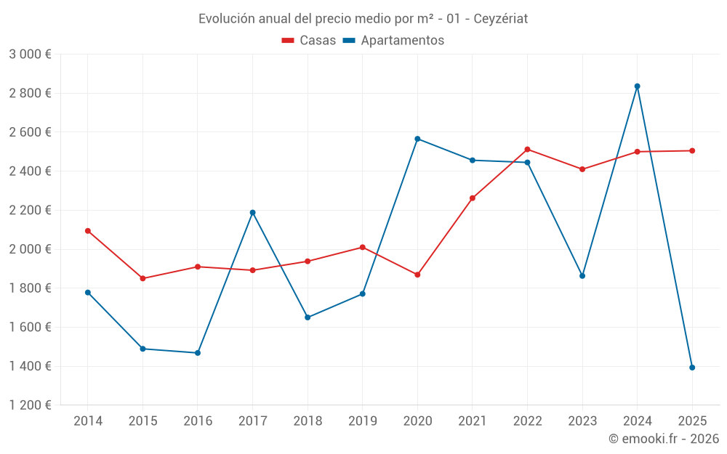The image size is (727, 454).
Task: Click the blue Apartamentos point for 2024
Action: click(x=637, y=86)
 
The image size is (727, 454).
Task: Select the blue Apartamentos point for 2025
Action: click(x=692, y=368)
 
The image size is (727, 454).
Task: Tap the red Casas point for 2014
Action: click(x=88, y=231)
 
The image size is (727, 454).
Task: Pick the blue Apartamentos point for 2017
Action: click(x=252, y=213)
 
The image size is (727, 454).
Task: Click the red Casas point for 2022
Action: click(x=527, y=150)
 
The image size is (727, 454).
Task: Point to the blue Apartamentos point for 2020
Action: click(x=417, y=139)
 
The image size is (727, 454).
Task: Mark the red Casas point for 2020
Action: click(x=417, y=275)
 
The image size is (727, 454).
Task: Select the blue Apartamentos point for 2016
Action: click(x=198, y=353)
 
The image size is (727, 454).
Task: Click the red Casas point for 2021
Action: click(x=473, y=198)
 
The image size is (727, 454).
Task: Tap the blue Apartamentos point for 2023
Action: click(x=582, y=276)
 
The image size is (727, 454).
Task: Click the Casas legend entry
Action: click(x=309, y=41)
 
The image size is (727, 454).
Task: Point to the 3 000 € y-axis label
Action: click(x=30, y=54)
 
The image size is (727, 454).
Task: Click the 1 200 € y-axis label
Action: click(x=30, y=405)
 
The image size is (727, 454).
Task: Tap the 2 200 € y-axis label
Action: click(x=30, y=211)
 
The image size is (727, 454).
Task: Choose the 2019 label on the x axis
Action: click(x=362, y=421)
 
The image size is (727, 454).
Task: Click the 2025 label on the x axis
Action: click(x=692, y=421)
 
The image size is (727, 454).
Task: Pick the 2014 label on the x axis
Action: click(x=88, y=421)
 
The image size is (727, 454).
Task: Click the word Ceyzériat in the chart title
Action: click(x=501, y=19)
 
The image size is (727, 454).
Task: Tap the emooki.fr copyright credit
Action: click(x=664, y=439)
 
